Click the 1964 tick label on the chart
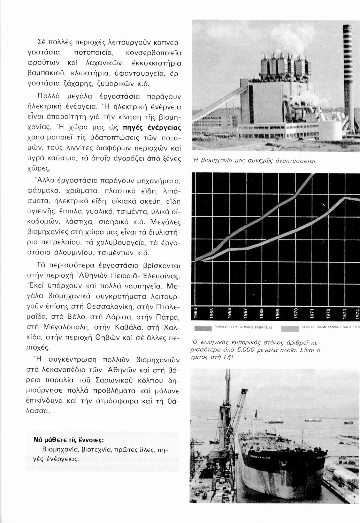pyautogui.click(x=196, y=313)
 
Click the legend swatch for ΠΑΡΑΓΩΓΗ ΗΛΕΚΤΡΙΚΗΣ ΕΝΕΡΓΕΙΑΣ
pyautogui.click(x=203, y=328)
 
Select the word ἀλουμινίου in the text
pyautogui.click(x=67, y=252)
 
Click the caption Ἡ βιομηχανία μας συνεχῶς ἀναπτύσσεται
pyautogui.click(x=254, y=161)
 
